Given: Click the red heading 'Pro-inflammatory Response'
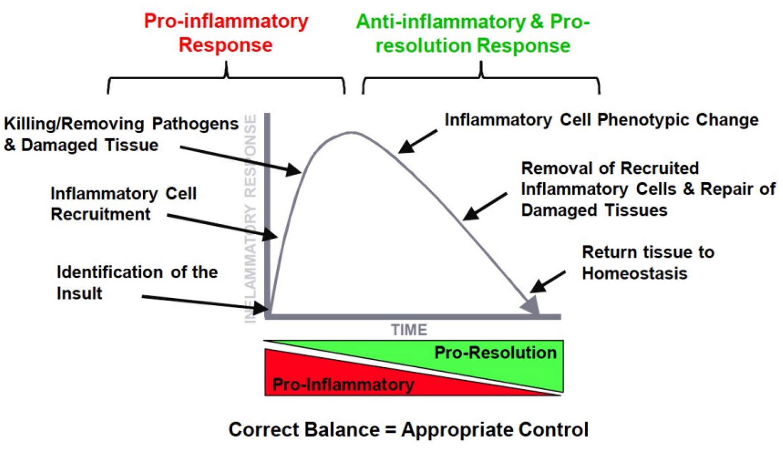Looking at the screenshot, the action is click(226, 33).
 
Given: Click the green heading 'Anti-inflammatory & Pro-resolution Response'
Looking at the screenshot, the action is click(472, 34).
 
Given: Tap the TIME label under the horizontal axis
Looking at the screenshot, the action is click(409, 330).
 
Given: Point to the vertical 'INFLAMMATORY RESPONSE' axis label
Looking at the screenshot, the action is click(251, 219).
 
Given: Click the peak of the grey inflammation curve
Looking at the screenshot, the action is click(351, 132).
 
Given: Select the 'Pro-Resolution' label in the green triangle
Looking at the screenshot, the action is click(495, 353).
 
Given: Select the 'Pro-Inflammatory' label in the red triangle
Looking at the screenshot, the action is click(343, 384).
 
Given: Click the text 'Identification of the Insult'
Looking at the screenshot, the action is click(137, 282).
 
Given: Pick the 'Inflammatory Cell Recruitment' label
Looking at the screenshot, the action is click(123, 204).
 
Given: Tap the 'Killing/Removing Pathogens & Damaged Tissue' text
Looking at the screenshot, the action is click(121, 134).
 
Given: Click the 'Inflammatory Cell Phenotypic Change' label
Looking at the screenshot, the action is click(601, 120).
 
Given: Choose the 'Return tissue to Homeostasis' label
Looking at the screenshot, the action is click(647, 263).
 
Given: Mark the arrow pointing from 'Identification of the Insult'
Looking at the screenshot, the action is click(203, 303).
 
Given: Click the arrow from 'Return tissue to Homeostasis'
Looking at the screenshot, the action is click(548, 282).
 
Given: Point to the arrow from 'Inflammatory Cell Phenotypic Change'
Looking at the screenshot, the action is click(418, 141).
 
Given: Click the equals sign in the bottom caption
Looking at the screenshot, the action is click(390, 430).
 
